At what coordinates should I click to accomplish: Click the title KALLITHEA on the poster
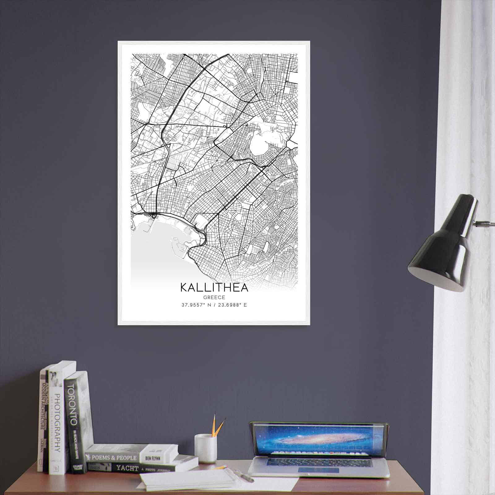tap(214, 287)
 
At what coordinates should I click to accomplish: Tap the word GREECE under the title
tap(214, 297)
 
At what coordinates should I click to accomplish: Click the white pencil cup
tap(205, 448)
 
